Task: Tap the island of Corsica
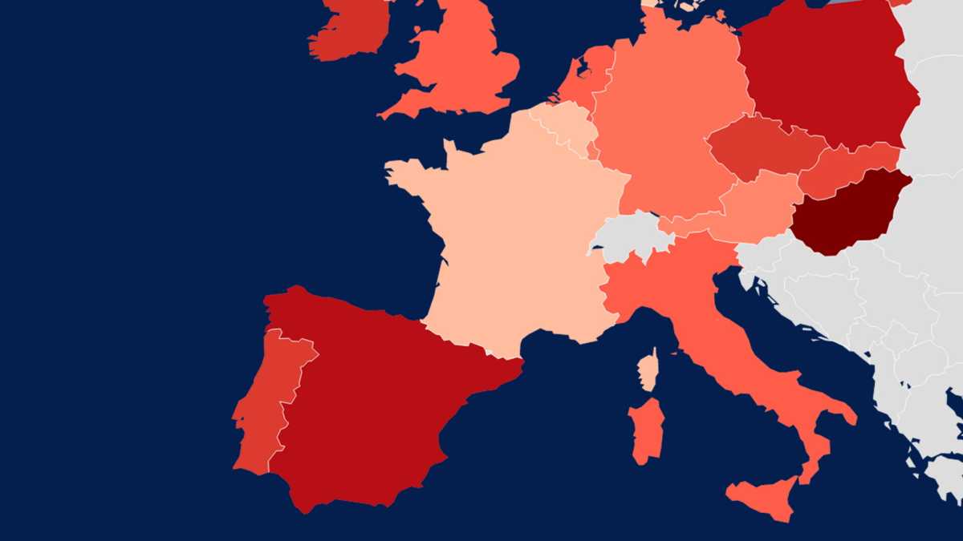648,370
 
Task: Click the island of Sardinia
647,431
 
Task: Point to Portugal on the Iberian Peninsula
265,401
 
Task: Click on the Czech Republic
762,148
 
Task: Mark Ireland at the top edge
349,28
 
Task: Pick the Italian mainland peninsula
722,337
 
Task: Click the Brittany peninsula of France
409,172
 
